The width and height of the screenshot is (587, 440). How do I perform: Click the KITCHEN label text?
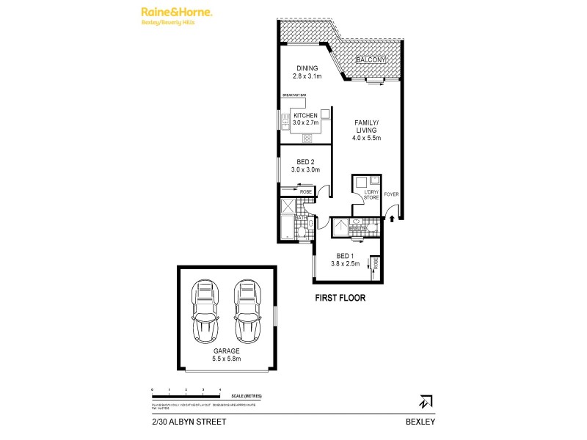click(x=305, y=116)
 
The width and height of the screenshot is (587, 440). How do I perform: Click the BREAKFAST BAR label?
click(x=293, y=95)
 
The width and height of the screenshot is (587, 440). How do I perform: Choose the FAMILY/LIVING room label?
click(x=368, y=126)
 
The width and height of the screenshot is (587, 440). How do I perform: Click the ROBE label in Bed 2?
click(x=305, y=191)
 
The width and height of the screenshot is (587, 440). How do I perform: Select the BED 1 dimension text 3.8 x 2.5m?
click(x=345, y=263)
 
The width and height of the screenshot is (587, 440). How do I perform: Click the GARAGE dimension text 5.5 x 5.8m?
click(x=226, y=359)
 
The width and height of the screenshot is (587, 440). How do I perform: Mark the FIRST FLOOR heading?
click(x=340, y=298)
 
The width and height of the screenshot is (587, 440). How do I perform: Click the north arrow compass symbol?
click(x=425, y=402)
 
